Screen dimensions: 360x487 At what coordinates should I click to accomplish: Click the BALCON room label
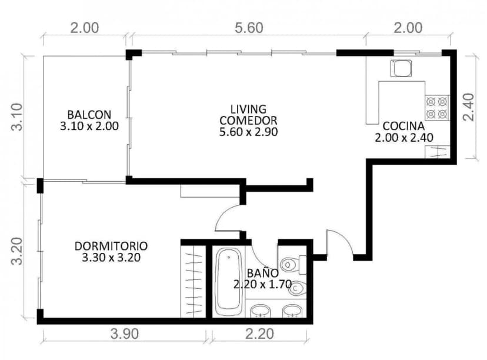tap(89, 114)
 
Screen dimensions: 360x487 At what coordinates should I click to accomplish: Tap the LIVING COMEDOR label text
tap(248, 115)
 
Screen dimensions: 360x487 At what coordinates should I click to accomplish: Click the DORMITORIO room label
tap(111, 245)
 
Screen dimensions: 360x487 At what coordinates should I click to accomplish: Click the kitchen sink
tap(403, 69)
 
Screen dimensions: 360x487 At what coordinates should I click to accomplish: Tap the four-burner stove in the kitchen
tap(436, 107)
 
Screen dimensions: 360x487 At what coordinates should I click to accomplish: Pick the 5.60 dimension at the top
tap(248, 28)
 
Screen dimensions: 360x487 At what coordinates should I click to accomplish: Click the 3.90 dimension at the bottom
tap(124, 335)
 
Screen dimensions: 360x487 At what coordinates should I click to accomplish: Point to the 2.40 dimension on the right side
tap(469, 107)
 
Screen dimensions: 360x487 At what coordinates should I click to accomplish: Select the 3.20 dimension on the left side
tap(17, 251)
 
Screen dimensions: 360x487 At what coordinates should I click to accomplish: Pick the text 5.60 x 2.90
tap(248, 132)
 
